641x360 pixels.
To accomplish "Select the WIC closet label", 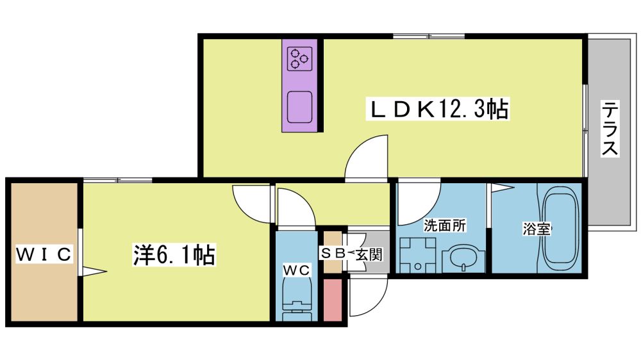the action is [x=44, y=254].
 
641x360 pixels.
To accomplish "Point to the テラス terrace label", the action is [x=610, y=128].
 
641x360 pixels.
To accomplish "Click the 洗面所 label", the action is [x=445, y=225].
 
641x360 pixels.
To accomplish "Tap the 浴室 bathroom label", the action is [x=537, y=229].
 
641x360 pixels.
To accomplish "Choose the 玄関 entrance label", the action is [x=369, y=254].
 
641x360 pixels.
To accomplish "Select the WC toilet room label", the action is [x=296, y=270].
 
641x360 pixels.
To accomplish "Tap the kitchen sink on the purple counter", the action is [x=300, y=106].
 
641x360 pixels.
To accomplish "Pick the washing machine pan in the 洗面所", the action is [x=418, y=254].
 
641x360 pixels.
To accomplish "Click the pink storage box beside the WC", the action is [x=333, y=300].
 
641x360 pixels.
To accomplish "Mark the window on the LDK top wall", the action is [x=429, y=37].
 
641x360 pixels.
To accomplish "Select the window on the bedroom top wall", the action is [x=118, y=180].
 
